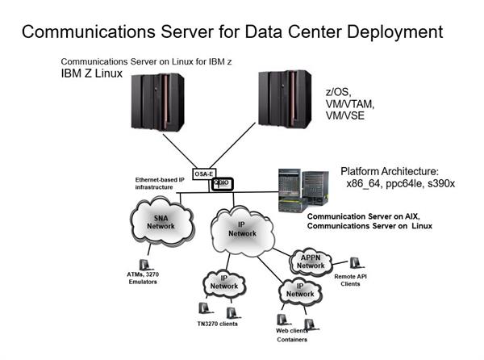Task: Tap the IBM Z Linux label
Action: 92,73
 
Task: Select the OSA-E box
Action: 204,174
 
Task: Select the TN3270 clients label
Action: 215,324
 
